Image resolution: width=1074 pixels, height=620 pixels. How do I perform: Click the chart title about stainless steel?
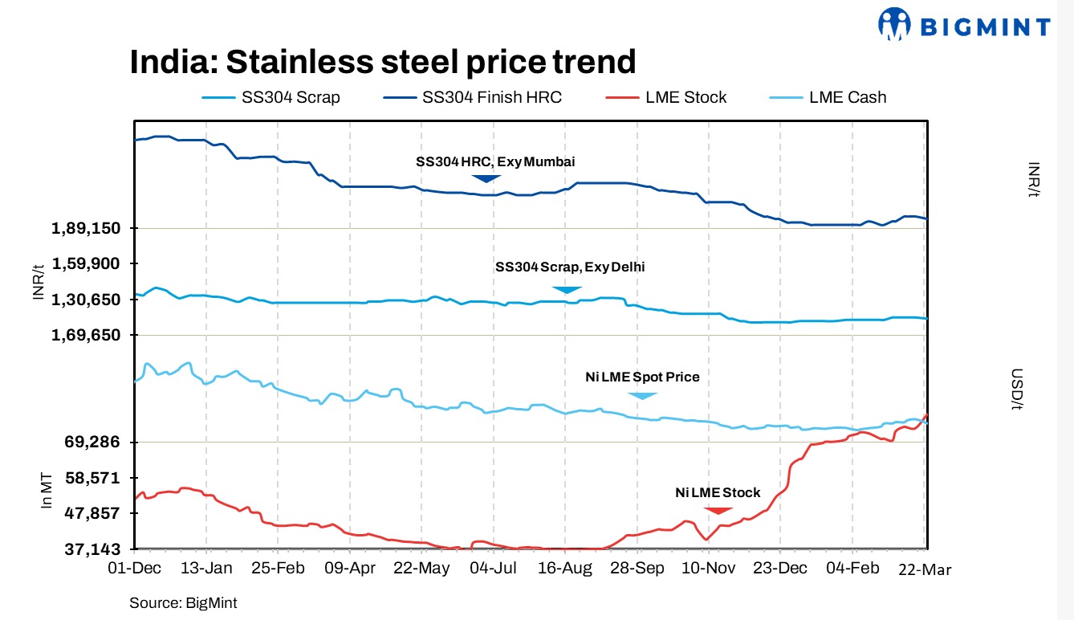(x=383, y=62)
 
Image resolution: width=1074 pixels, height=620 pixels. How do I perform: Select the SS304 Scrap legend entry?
(x=271, y=97)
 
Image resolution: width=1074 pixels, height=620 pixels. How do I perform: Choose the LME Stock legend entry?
(x=665, y=97)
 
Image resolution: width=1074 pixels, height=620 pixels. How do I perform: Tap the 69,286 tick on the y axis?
(x=92, y=443)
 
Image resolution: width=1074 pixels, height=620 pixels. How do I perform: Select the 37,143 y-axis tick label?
(x=92, y=550)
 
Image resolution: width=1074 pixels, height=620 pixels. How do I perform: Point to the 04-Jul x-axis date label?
(x=493, y=569)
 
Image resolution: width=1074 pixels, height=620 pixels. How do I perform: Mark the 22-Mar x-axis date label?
(x=924, y=569)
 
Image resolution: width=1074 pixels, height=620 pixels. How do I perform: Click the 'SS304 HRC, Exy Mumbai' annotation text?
(x=495, y=161)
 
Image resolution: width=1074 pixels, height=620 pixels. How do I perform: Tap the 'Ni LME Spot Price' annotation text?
(x=642, y=377)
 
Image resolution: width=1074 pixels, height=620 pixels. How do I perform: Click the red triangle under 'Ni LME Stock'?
(x=718, y=510)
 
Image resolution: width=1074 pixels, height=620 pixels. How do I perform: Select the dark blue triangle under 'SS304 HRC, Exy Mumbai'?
(x=486, y=177)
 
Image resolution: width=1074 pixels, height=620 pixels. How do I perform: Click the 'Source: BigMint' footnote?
(x=183, y=602)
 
